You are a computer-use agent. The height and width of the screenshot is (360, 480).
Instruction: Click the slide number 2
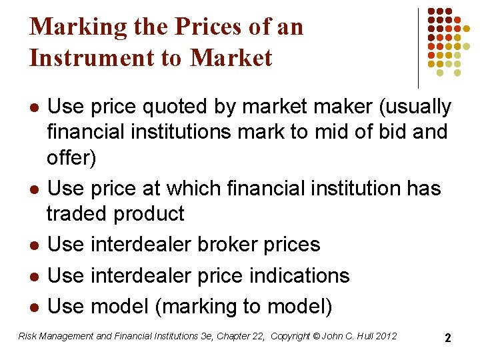(x=448, y=338)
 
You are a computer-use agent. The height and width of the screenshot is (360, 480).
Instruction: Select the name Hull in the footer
(x=359, y=336)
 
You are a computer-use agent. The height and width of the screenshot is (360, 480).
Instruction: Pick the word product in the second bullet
(x=149, y=213)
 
